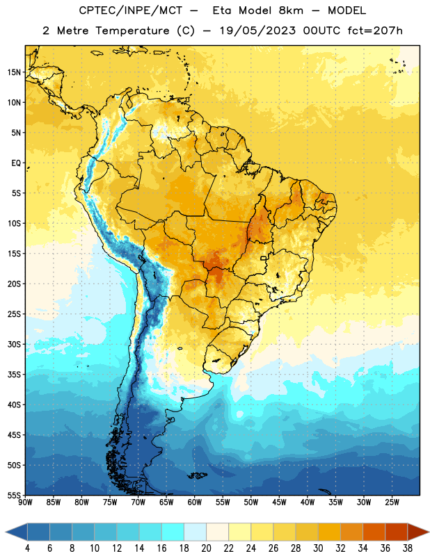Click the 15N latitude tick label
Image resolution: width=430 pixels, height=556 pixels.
pos(14,72)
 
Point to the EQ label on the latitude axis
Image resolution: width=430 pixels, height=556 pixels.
pos(16,163)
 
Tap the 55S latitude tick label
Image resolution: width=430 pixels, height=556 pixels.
pos(14,495)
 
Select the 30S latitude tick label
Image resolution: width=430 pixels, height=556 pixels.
pos(14,344)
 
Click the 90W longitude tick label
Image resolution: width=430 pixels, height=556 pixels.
pos(25,502)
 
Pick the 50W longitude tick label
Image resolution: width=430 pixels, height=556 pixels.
pos(250,502)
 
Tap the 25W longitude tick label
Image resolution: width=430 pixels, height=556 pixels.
pos(392,502)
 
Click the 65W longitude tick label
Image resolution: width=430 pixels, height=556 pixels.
pos(166,502)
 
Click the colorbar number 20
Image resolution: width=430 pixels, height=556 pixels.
pos(206,548)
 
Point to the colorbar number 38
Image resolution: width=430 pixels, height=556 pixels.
pos(408,548)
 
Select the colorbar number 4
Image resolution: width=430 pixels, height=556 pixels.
pos(27,548)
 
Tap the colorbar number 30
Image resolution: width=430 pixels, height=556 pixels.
pos(318,548)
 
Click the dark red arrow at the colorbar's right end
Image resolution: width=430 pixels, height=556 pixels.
pos(417,532)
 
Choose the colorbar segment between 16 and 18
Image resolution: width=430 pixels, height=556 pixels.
pos(173,532)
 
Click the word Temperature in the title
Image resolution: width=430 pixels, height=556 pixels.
pos(132,31)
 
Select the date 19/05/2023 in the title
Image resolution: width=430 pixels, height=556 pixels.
pos(257,31)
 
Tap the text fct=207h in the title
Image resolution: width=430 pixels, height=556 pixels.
pos(375,31)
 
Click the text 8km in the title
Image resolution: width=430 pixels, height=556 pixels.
pos(291,10)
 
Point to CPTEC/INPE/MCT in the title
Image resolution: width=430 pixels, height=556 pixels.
pos(131,10)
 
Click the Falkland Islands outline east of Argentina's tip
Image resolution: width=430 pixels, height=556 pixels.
pos(197,475)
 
